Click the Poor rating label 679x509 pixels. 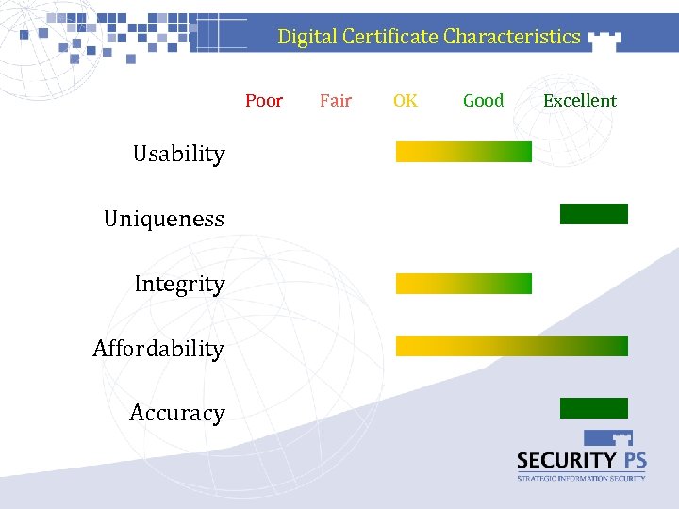pyautogui.click(x=263, y=101)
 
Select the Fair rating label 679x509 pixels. pyautogui.click(x=335, y=101)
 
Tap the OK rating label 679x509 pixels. pyautogui.click(x=406, y=101)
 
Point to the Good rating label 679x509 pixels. pyautogui.click(x=483, y=101)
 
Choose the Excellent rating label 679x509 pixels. pyautogui.click(x=579, y=101)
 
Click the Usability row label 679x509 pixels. pyautogui.click(x=178, y=155)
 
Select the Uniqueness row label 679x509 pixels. pyautogui.click(x=164, y=220)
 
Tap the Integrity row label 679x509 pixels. pyautogui.click(x=179, y=284)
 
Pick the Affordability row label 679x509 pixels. pyautogui.click(x=158, y=350)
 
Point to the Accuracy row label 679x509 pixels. pyautogui.click(x=177, y=413)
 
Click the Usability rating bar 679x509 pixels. pyautogui.click(x=463, y=152)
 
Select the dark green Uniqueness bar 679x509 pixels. pyautogui.click(x=593, y=214)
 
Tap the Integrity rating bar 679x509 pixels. pyautogui.click(x=463, y=284)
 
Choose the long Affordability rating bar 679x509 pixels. pyautogui.click(x=511, y=346)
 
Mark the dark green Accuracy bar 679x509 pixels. pyautogui.click(x=593, y=408)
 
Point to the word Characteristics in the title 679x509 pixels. pyautogui.click(x=512, y=37)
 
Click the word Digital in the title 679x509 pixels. pyautogui.click(x=306, y=37)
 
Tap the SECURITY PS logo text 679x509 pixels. pyautogui.click(x=581, y=460)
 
